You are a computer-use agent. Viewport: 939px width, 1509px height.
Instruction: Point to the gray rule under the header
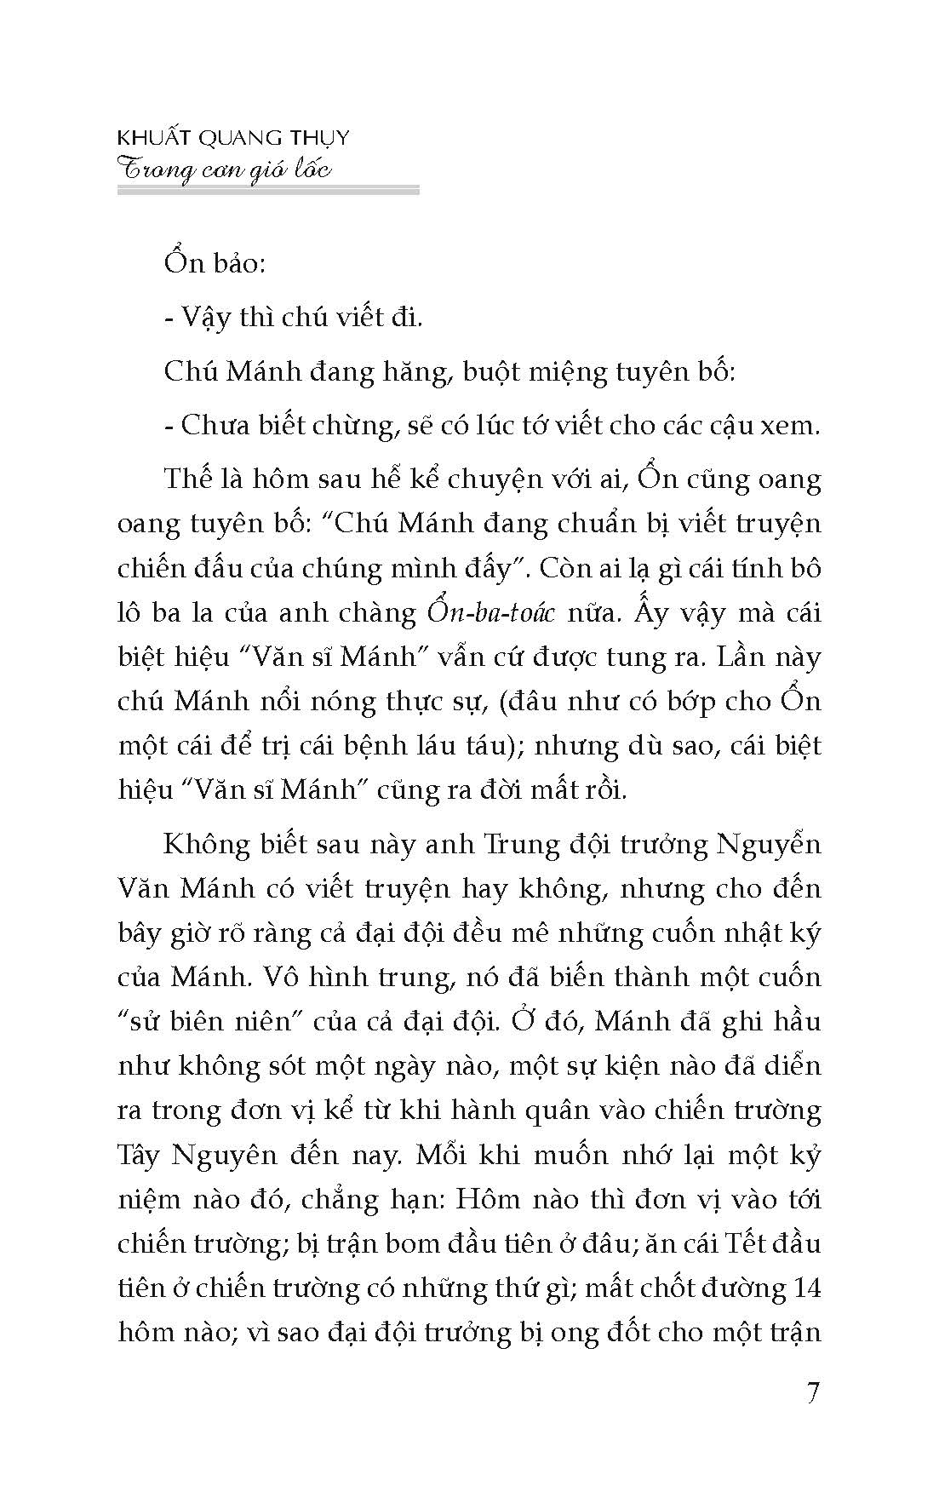pyautogui.click(x=267, y=192)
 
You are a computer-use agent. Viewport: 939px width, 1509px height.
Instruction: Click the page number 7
pyautogui.click(x=811, y=1395)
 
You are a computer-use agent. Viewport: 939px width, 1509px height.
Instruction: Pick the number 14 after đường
pyautogui.click(x=804, y=1288)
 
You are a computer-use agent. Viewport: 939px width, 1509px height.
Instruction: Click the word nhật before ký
pyautogui.click(x=736, y=934)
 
